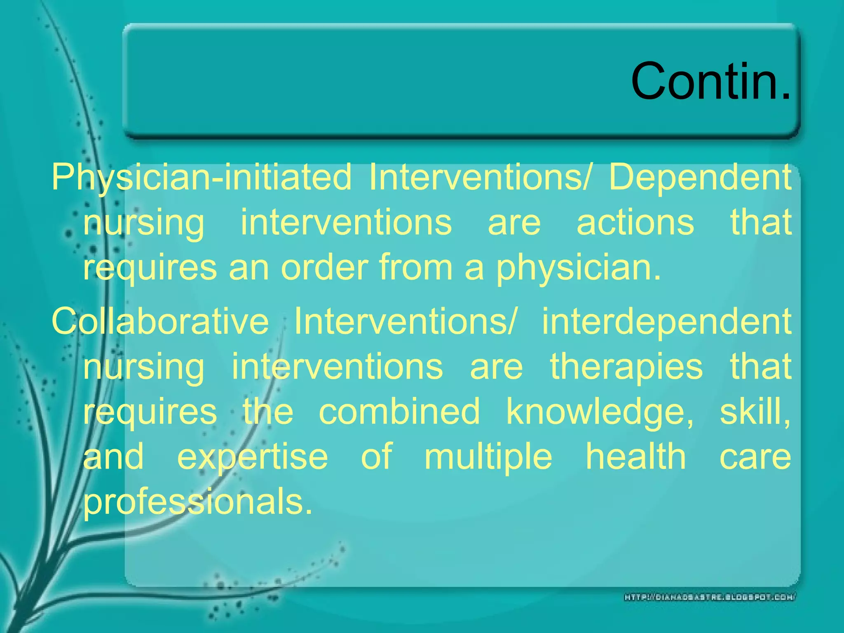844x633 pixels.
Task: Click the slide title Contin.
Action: pyautogui.click(x=710, y=81)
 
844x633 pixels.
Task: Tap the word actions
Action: pyautogui.click(x=635, y=223)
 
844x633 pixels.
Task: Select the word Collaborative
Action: pyautogui.click(x=160, y=321)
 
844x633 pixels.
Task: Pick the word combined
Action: pyautogui.click(x=399, y=411)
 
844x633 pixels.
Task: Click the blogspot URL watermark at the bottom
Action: pyautogui.click(x=710, y=597)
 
